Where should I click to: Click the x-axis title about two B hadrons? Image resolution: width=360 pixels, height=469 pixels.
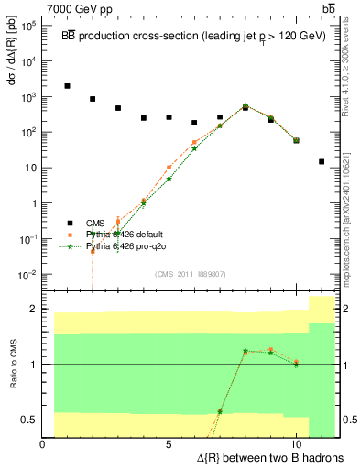[261, 456]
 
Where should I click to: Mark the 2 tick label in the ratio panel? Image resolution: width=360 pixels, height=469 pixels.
[35, 309]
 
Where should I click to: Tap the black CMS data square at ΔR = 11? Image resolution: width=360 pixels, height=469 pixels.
[322, 161]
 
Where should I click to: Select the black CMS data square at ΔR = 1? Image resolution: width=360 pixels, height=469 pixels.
[68, 86]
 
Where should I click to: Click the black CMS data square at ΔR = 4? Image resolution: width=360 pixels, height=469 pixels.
[144, 118]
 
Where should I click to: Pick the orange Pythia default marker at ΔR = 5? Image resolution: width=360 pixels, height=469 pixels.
[169, 168]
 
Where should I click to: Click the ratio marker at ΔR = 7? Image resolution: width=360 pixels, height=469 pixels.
[220, 410]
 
